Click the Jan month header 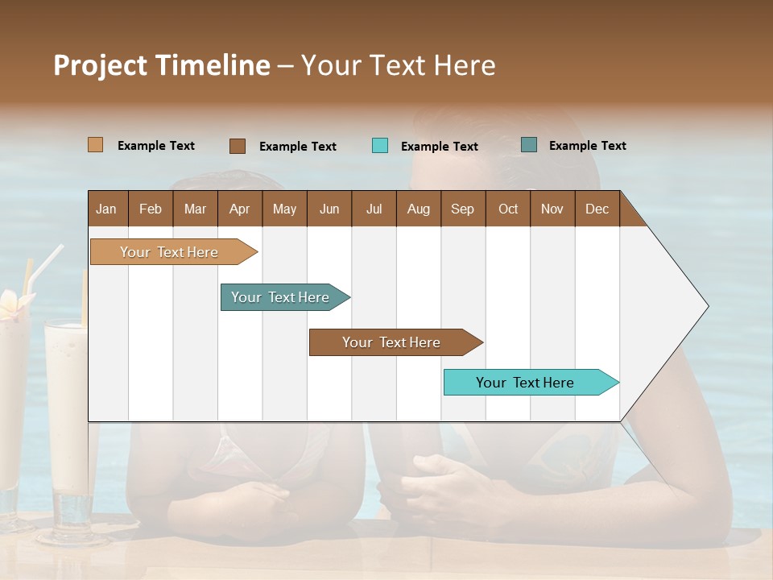[106, 209]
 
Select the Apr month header [239, 209]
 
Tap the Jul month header [374, 209]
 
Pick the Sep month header [462, 209]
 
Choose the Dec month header [597, 209]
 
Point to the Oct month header [508, 209]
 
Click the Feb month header [151, 209]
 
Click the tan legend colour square [95, 145]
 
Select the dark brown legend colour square [237, 146]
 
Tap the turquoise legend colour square [380, 146]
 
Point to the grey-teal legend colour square [529, 145]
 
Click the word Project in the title [99, 65]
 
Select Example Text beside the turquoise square [439, 147]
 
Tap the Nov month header [552, 209]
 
